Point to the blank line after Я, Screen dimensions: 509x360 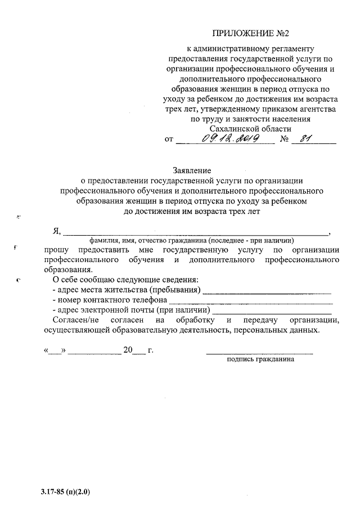[x=197, y=231]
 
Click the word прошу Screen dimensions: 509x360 [x=56, y=250]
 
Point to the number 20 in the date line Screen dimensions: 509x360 [x=128, y=351]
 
